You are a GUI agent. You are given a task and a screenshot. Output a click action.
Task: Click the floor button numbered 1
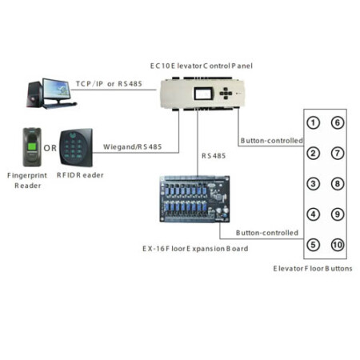[313, 123]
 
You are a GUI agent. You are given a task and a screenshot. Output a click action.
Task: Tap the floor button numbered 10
[338, 245]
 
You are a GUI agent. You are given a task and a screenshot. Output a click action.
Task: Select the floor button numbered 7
[338, 154]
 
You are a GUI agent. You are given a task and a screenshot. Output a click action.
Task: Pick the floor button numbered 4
[313, 214]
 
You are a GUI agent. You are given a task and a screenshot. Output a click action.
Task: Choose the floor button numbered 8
[338, 184]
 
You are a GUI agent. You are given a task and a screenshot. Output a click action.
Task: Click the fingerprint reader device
[32, 147]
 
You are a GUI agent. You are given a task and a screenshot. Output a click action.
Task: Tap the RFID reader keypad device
[76, 147]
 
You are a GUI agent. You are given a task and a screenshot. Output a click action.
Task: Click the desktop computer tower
[34, 94]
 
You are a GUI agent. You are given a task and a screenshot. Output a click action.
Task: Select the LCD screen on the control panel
[204, 94]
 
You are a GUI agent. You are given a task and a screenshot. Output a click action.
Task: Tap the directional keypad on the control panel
[226, 94]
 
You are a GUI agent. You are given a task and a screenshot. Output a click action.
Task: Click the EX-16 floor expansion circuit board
[194, 199]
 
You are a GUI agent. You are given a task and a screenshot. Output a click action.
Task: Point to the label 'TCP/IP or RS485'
[109, 84]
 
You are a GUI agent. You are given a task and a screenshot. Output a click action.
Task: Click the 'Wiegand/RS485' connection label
[133, 146]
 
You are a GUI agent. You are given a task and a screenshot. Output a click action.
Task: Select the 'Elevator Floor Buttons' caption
[313, 268]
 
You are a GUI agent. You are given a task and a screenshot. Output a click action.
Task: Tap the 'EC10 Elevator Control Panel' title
[202, 66]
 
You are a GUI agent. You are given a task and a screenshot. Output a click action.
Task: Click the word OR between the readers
[50, 148]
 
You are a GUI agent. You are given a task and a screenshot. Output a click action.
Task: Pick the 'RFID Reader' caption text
[80, 175]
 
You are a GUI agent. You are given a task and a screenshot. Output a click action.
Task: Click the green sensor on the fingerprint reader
[32, 146]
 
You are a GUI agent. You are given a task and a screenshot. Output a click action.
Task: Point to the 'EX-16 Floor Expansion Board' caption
[195, 249]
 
